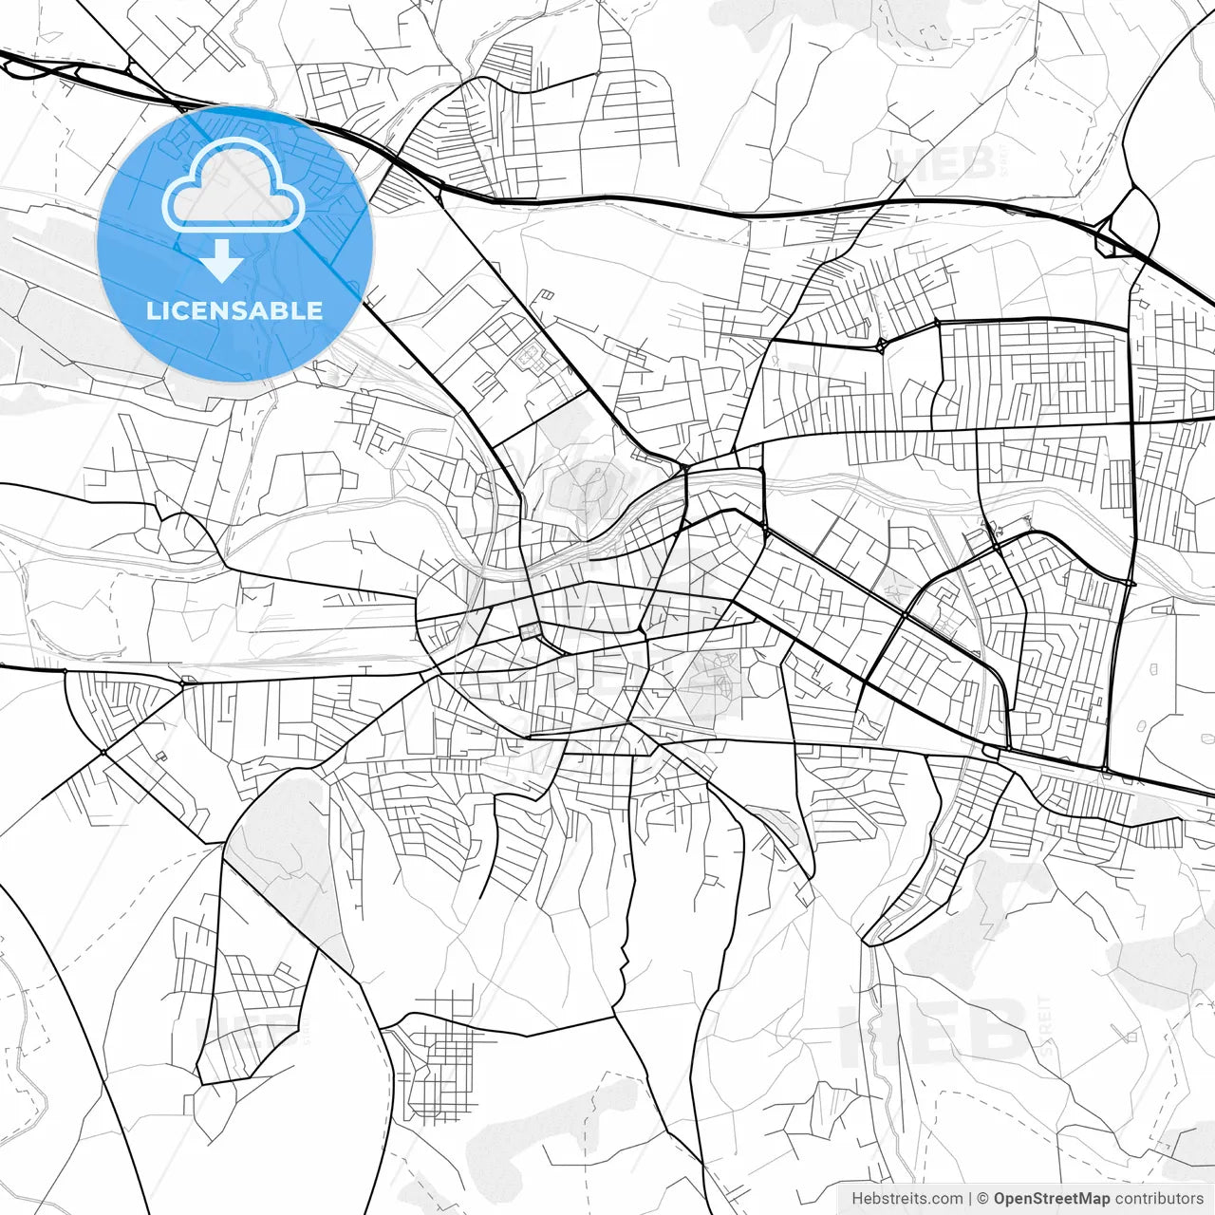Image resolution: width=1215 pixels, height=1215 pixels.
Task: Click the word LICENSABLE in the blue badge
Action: (x=234, y=310)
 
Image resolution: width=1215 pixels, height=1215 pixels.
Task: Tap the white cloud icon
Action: (x=234, y=186)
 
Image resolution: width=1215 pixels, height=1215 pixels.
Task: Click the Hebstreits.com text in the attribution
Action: (x=907, y=1199)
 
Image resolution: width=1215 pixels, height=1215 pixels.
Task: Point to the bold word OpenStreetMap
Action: (x=1051, y=1199)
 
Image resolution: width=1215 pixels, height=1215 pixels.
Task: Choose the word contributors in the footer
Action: (x=1159, y=1199)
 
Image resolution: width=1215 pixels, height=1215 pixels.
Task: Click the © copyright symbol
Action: (x=983, y=1199)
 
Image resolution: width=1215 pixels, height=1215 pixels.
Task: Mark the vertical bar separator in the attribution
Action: (x=970, y=1199)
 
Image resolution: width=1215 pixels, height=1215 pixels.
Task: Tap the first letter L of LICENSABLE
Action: (x=153, y=310)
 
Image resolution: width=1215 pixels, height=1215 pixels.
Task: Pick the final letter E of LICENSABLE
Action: (x=315, y=310)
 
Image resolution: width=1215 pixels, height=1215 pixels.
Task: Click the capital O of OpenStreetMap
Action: (x=1000, y=1199)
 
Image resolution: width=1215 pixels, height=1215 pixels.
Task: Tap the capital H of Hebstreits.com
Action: (x=857, y=1199)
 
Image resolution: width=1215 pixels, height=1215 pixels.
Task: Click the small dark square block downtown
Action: (x=530, y=631)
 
